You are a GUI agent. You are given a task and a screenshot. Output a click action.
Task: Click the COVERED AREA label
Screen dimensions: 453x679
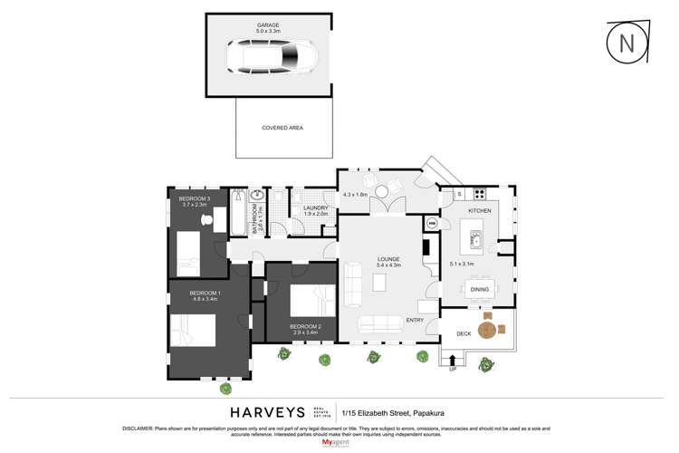pos(282,128)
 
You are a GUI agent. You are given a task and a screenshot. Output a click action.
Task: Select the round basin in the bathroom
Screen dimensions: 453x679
pos(256,196)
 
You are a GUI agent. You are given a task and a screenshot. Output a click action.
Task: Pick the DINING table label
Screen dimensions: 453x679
pos(480,289)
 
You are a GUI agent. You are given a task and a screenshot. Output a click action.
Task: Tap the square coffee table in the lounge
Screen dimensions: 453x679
pos(379,283)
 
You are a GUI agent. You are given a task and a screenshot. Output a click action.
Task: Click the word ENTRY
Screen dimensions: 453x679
pos(415,320)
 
